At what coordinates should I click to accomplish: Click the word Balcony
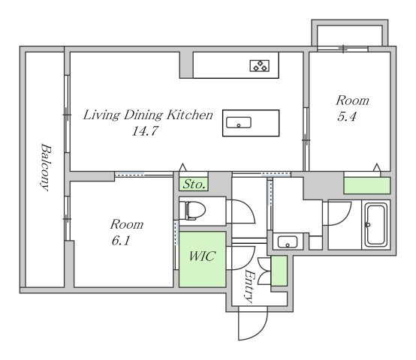coord(46,167)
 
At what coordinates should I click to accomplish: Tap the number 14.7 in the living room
coord(145,130)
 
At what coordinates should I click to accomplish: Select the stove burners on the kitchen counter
coord(260,66)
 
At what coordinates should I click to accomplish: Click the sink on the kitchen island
coord(239,123)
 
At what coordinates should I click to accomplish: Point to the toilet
coord(193,211)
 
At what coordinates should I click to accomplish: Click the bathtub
coord(376,225)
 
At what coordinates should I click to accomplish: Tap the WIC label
coord(202,256)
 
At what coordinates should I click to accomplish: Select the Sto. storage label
coord(194,184)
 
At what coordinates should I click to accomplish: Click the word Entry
coord(249,286)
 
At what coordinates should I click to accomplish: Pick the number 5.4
coord(346,116)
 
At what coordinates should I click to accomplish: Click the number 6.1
coord(121,241)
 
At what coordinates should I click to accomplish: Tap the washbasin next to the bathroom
coord(288,241)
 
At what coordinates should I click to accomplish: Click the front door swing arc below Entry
coord(258,331)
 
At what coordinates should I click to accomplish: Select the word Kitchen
coord(190,115)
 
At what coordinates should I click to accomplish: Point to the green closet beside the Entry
coord(279,271)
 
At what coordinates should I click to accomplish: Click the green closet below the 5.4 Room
coord(367,185)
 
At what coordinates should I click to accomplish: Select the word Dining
coord(143,115)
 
